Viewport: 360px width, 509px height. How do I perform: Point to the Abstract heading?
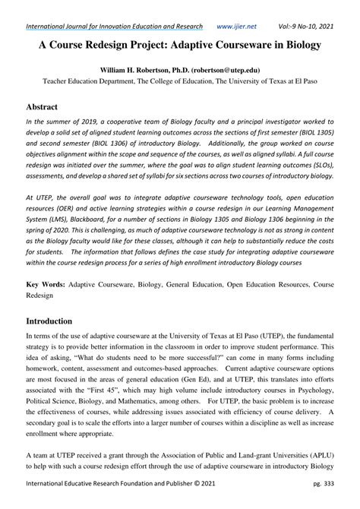tap(46, 108)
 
